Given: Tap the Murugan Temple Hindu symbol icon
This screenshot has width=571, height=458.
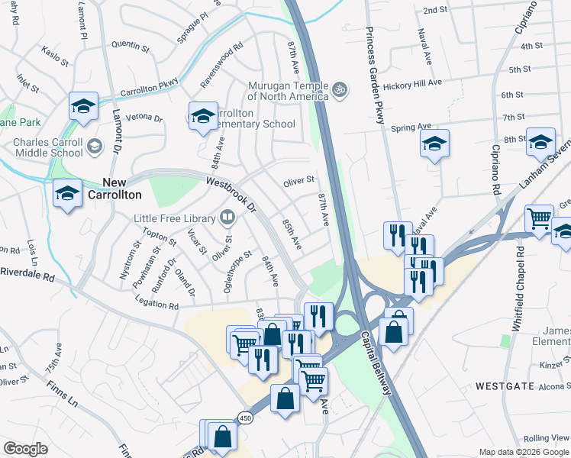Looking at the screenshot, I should point(340,90).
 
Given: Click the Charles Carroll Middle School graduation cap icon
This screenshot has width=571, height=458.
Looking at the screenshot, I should point(95,146).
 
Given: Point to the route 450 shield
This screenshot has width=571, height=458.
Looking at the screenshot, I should point(244,418).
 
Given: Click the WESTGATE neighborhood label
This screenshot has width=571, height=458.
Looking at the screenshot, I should point(505,386).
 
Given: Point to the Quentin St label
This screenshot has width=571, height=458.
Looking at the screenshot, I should point(129,45).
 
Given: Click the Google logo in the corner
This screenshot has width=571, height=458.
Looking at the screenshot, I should point(26,449).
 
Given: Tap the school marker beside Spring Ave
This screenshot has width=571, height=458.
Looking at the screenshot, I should point(434,144).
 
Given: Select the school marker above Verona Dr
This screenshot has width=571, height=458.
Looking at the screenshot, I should point(82,106).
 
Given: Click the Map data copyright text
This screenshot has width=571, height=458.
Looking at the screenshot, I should point(524,452).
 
